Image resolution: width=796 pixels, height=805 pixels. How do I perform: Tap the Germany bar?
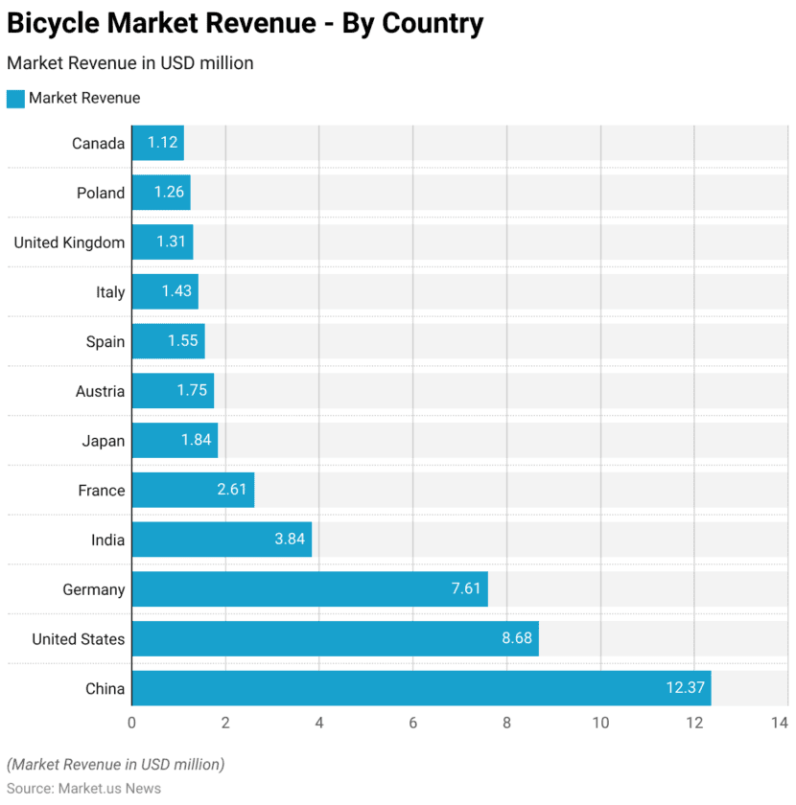309,588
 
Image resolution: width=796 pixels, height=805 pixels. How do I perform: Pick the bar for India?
221,540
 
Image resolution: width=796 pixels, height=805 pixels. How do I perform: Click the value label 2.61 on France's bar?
232,490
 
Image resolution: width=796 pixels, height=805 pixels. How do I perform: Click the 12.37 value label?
685,688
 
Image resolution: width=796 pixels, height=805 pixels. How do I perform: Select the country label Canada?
98,143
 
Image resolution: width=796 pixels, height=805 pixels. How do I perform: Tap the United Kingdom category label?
69,242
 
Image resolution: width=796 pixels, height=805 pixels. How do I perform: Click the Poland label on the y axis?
101,193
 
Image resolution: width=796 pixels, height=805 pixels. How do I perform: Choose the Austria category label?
100,391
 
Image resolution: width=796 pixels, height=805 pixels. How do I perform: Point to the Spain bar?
167,341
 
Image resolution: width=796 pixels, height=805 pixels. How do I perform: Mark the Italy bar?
164,291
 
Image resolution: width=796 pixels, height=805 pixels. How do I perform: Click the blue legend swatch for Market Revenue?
15,98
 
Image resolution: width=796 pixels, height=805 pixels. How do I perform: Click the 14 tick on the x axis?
780,723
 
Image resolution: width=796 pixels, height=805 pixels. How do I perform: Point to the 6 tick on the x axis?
412,723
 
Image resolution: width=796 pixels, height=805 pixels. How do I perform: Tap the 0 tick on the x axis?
131,723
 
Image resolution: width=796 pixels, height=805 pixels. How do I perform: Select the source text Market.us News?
109,788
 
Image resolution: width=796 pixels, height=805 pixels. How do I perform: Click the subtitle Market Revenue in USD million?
129,63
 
